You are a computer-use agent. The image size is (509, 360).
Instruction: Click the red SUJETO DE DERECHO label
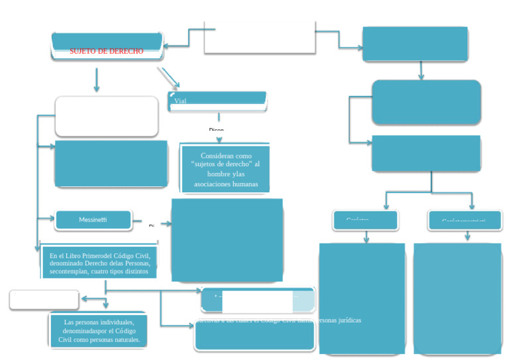106,51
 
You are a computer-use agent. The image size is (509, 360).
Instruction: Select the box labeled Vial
217,101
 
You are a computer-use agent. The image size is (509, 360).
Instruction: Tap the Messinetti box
93,219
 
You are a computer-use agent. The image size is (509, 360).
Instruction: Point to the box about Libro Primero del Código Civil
99,263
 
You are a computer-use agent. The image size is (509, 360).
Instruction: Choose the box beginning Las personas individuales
99,330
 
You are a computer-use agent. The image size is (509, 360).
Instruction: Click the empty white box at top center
259,37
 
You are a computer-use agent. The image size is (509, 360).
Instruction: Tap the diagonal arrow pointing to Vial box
168,77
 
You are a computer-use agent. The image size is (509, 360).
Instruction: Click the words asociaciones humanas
225,184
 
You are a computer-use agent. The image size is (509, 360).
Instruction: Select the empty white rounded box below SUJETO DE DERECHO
106,116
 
